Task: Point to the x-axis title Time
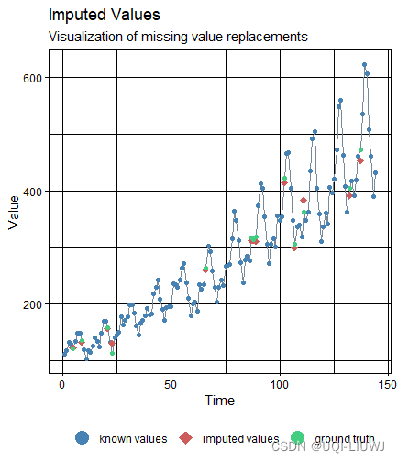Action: tap(218, 401)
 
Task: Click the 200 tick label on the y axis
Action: tap(33, 304)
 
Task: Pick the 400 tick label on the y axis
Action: tap(33, 192)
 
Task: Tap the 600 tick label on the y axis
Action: tap(33, 78)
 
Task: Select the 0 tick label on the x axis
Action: tap(61, 383)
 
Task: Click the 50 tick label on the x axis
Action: tap(170, 383)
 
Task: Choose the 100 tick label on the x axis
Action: tap(279, 383)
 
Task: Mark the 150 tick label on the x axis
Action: tap(387, 383)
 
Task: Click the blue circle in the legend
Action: tap(83, 438)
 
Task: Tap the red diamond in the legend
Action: tap(186, 438)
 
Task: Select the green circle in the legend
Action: tap(298, 438)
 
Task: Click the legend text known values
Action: tap(132, 439)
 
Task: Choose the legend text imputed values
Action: tap(240, 439)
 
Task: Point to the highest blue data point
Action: tap(364, 65)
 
